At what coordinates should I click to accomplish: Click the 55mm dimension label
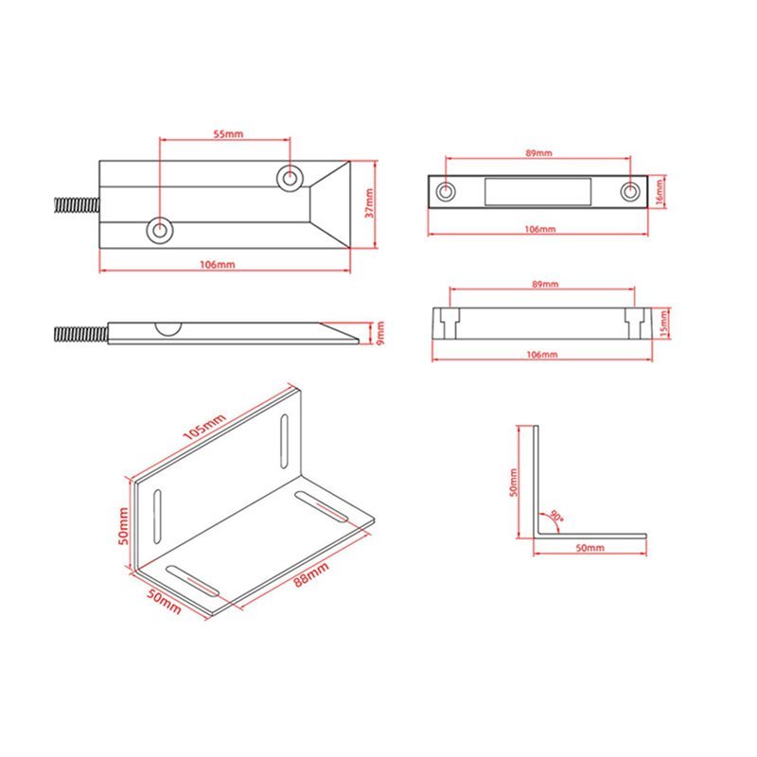228,133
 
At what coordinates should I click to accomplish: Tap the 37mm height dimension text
369,203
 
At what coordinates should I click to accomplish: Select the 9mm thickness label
380,334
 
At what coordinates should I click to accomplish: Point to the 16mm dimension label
660,192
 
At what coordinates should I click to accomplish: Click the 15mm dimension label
664,324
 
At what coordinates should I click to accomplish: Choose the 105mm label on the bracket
204,427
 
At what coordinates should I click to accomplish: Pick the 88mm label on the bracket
312,574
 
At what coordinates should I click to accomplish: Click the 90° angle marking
556,516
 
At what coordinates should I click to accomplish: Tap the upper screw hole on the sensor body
290,177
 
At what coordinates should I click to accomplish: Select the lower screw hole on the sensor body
159,230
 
